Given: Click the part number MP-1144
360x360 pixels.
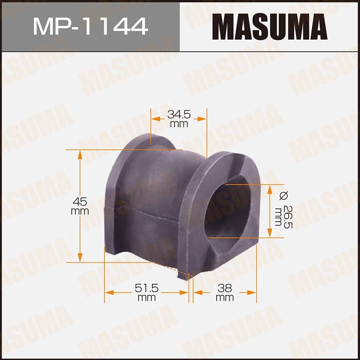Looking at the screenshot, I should tap(90, 26).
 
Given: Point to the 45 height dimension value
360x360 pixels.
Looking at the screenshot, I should tap(80, 201).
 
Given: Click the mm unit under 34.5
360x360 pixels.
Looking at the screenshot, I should tap(179, 124).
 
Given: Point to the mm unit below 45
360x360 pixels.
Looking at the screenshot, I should tap(80, 211).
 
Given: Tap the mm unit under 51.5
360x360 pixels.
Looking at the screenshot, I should tap(147, 298).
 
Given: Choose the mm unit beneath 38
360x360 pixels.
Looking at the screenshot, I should tap(225, 298).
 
